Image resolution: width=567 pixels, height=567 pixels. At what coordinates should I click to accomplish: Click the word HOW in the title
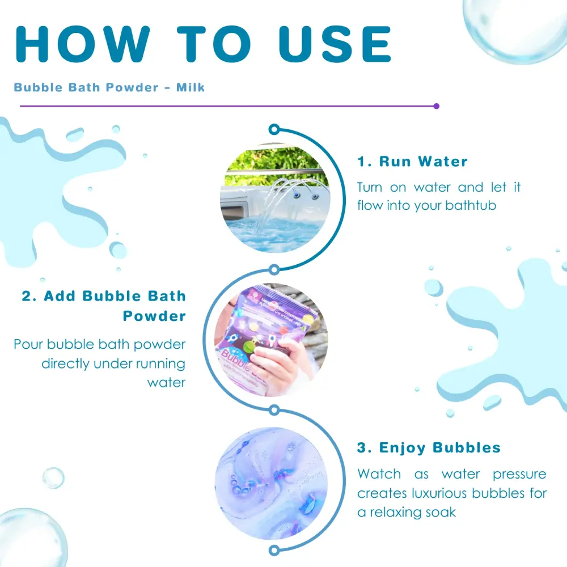pos(82,44)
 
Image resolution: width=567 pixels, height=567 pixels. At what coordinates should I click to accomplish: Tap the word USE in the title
pos(335,44)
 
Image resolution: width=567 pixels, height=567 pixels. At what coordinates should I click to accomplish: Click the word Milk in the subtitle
pos(191,87)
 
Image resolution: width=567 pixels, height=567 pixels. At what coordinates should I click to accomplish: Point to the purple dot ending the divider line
pos(437,107)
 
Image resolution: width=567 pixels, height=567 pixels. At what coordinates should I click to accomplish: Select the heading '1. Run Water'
pos(413,162)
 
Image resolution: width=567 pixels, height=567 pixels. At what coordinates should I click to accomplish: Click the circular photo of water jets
pos(275,198)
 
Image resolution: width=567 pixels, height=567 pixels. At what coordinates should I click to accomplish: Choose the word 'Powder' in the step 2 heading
pos(154,316)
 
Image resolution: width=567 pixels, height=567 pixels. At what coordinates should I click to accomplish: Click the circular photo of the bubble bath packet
pos(271,340)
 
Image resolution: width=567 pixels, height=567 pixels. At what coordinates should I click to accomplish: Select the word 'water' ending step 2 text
pos(166,383)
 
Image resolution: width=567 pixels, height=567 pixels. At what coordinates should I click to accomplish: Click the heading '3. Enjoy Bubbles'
pos(429,448)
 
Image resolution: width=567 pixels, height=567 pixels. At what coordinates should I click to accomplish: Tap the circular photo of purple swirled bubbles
pos(271,484)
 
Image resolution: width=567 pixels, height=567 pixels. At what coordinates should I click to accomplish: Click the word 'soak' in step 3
pos(441,513)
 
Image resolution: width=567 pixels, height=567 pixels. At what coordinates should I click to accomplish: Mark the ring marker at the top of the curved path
pos(274,129)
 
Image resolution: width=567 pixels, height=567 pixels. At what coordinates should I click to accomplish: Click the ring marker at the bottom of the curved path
pos(274,551)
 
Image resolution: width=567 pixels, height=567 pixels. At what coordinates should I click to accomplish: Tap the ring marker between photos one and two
pos(274,269)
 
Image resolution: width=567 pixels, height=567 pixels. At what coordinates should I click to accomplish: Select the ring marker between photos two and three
pos(274,410)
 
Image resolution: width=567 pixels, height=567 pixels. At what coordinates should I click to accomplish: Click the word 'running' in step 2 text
pos(160,364)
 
